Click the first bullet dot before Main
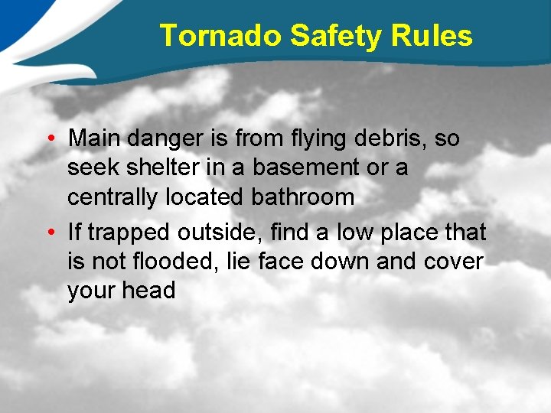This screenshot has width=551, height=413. [48, 139]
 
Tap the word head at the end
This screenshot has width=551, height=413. [148, 291]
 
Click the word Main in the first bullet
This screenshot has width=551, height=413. [96, 139]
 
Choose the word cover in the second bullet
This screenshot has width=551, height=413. [452, 262]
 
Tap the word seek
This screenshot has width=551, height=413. [91, 168]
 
